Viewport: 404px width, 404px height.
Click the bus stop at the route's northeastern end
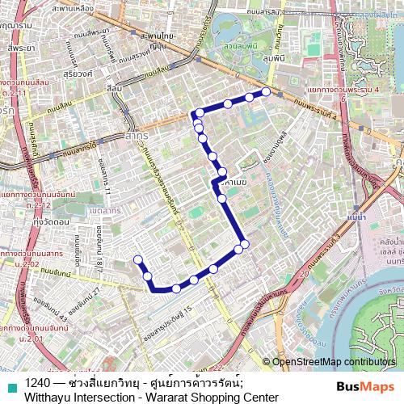(x=266, y=91)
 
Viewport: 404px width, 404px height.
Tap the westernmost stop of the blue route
(x=137, y=259)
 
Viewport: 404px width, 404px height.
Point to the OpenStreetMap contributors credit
(x=334, y=362)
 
